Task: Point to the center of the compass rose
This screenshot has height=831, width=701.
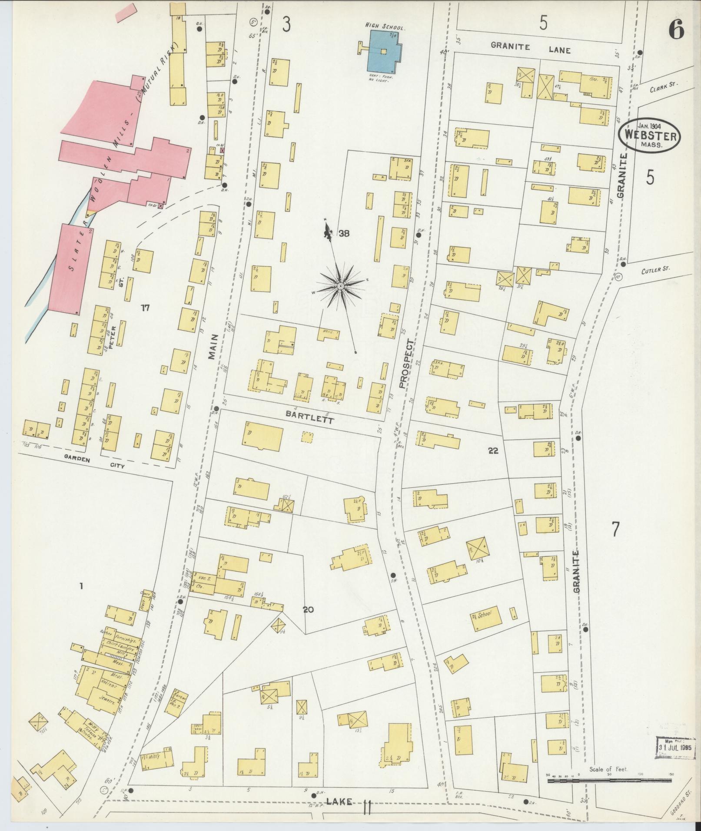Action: tap(341, 286)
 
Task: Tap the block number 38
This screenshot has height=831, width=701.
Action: tap(344, 234)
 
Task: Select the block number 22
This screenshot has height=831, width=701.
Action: tap(493, 451)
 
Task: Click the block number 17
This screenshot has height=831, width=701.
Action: tap(145, 308)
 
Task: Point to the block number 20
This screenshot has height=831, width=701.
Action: tap(308, 610)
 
